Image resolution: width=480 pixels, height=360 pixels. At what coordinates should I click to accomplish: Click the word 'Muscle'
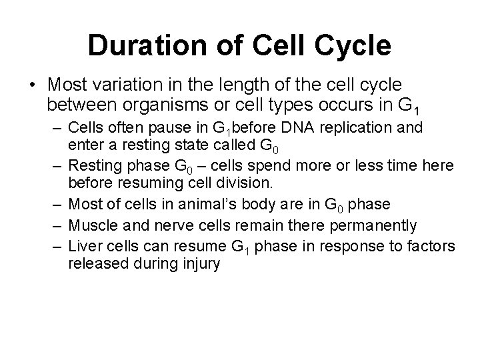(x=91, y=225)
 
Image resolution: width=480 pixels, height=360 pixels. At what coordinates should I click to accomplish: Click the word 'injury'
(x=197, y=263)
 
